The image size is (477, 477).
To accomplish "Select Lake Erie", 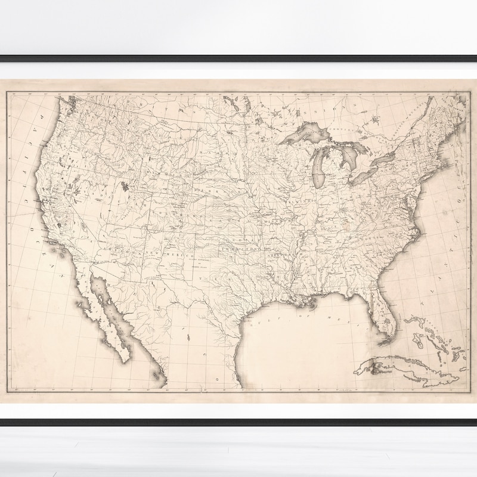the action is click(x=365, y=174).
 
